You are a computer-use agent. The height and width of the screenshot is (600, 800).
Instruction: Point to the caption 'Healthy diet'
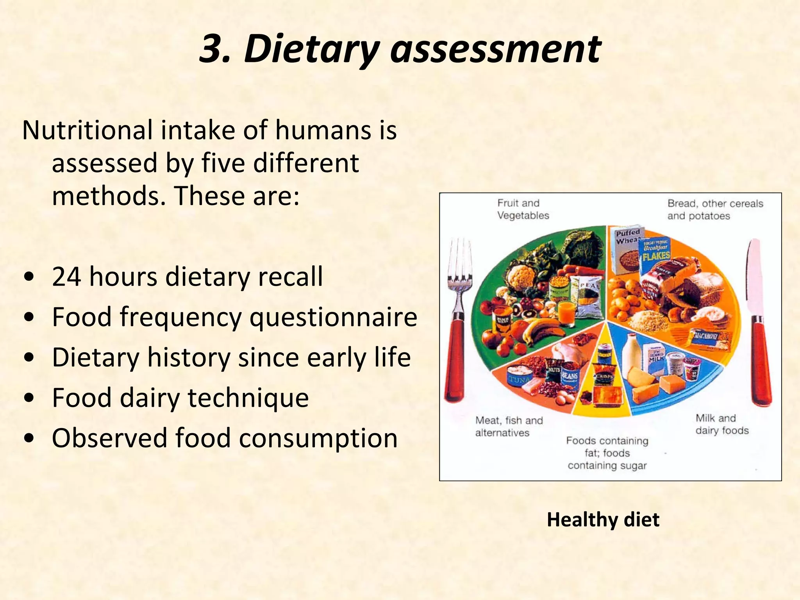[603, 520]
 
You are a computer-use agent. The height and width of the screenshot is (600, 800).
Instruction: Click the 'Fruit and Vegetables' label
[523, 209]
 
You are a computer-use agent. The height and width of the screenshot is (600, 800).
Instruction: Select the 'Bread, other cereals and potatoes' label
[714, 209]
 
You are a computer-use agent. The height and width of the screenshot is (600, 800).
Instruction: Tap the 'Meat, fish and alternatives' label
[509, 427]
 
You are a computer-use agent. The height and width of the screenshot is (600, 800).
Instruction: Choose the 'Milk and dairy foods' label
[721, 424]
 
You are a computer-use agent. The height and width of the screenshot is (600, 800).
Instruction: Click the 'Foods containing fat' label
[607, 453]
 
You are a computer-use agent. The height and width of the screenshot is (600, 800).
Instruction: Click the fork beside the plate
[457, 320]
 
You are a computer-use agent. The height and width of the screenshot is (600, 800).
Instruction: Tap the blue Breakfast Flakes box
[655, 254]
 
